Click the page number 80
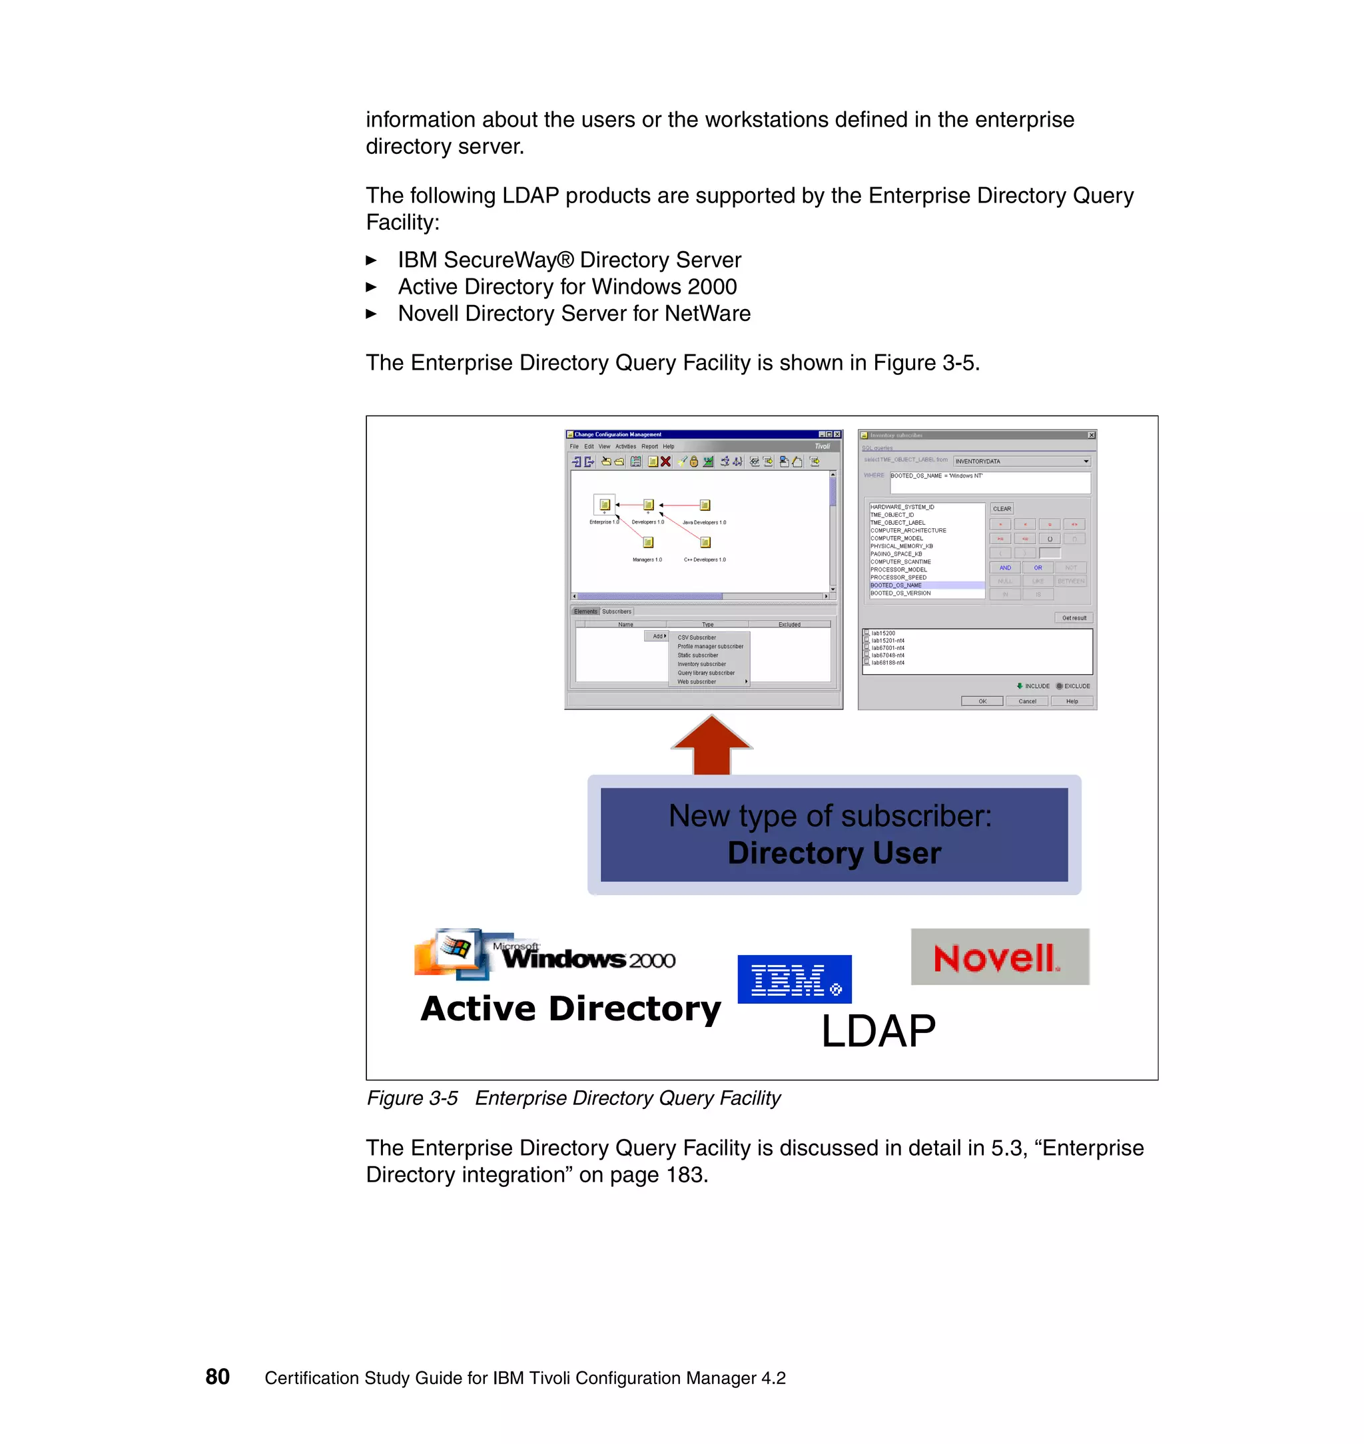[217, 1376]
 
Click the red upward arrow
[712, 745]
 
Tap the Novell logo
[1000, 957]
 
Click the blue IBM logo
[794, 979]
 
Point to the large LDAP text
[878, 1031]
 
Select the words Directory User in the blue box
[834, 853]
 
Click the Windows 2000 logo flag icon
[455, 947]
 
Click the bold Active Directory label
[571, 1008]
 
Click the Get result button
[1073, 618]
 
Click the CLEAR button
[1002, 509]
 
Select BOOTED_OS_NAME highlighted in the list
[896, 585]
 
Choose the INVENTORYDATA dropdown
[1022, 461]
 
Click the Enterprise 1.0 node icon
[604, 504]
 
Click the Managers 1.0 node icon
[648, 542]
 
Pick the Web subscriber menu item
[697, 682]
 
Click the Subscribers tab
[617, 611]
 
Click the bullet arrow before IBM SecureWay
[371, 260]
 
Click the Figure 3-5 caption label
[412, 1098]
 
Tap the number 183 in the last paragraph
[684, 1175]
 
